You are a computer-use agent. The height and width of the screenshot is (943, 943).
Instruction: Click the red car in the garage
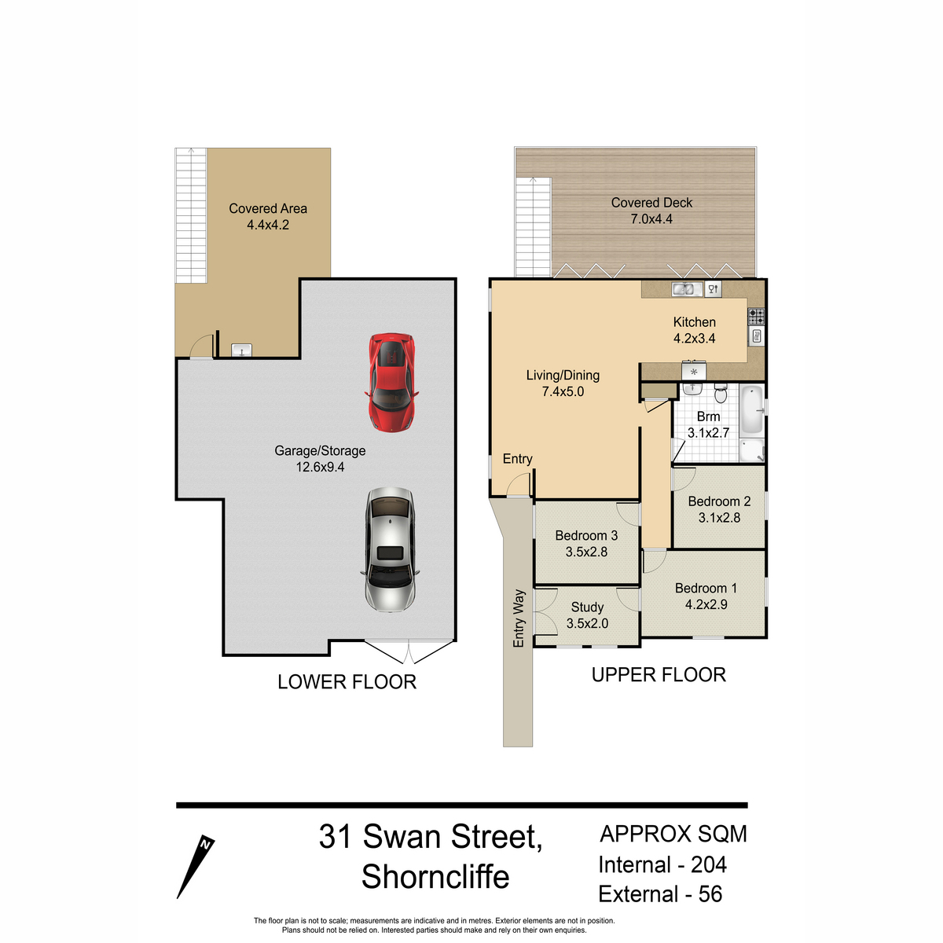391,383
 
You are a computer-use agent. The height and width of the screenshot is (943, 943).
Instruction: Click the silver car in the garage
390,549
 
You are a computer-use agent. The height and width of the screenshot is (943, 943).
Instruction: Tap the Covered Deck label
651,203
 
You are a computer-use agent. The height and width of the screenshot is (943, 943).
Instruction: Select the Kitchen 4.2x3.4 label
695,330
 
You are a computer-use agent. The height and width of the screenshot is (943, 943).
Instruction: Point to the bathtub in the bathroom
752,411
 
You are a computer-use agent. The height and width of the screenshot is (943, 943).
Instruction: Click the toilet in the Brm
721,393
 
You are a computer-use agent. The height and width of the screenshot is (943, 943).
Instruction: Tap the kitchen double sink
687,290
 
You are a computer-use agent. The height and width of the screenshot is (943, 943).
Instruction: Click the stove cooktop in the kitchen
756,317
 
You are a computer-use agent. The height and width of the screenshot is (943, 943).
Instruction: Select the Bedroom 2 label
719,501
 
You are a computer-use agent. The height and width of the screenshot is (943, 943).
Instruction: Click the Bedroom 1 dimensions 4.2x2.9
706,604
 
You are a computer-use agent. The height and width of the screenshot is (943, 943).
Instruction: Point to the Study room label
587,607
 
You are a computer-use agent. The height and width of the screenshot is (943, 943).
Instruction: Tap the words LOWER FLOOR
347,681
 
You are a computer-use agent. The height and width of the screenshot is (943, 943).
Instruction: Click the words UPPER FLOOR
659,675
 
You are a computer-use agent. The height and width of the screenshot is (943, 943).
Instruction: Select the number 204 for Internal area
709,864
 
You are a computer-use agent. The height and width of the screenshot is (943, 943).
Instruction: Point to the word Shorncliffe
435,876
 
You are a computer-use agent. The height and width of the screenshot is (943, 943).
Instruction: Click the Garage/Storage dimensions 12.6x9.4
320,467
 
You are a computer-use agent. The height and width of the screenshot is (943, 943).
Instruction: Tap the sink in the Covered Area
241,350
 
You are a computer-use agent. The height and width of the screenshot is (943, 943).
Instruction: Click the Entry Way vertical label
519,618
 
